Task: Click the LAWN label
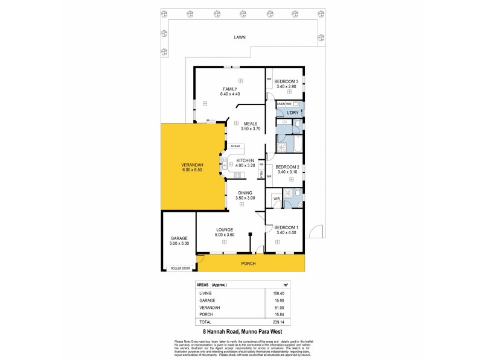tap(241, 37)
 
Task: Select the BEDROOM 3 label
tap(286, 81)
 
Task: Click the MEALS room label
tap(250, 122)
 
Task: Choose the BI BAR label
tap(236, 146)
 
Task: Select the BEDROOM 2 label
tap(286, 167)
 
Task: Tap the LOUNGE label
tap(223, 229)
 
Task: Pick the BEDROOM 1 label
tap(286, 228)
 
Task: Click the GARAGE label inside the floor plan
tap(179, 238)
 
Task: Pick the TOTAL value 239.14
tap(280, 322)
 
